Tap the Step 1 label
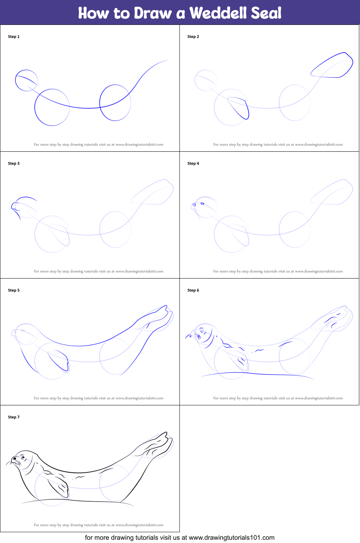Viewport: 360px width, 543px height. pyautogui.click(x=14, y=37)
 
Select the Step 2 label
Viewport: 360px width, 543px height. pyautogui.click(x=193, y=37)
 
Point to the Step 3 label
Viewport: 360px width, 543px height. pyautogui.click(x=14, y=164)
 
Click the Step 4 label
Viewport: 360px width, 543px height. pyautogui.click(x=193, y=164)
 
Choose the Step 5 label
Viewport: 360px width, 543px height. pyautogui.click(x=14, y=290)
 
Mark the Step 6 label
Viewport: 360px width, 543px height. pyautogui.click(x=193, y=290)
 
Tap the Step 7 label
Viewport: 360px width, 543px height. pyautogui.click(x=14, y=417)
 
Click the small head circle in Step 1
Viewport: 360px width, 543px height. pyautogui.click(x=26, y=80)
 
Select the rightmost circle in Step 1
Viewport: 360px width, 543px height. pyautogui.click(x=115, y=103)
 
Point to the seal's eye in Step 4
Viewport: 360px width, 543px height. pyautogui.click(x=203, y=204)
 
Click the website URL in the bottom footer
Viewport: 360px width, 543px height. pyautogui.click(x=231, y=538)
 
